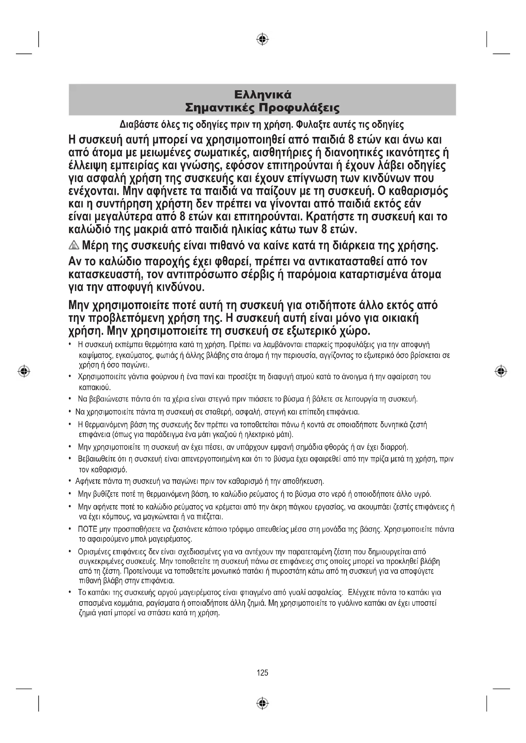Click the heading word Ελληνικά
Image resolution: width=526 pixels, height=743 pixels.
tap(263, 94)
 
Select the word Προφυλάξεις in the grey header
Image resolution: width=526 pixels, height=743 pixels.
tap(299, 108)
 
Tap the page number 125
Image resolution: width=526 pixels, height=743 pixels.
tap(262, 673)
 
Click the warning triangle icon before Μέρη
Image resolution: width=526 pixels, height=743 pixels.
tap(74, 246)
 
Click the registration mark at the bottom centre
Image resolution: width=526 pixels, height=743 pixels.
tap(263, 704)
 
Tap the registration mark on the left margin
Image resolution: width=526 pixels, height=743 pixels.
tap(24, 371)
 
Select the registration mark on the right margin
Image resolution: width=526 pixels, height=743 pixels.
tap(501, 371)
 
